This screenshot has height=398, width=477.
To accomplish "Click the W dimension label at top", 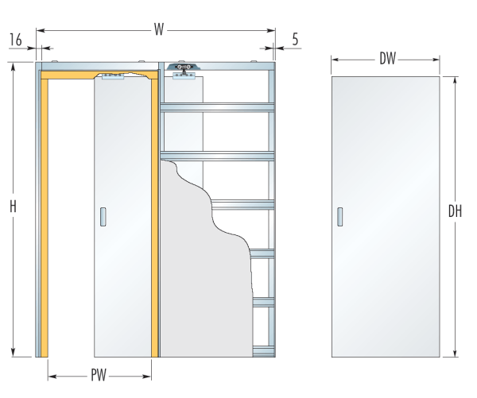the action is coord(159,30).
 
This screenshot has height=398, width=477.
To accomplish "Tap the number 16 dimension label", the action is coord(16,40).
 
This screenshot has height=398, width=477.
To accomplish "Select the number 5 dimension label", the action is coord(295,39).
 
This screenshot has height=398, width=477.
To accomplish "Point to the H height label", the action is coord(13,206).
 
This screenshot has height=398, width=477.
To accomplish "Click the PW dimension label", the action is coord(99,375).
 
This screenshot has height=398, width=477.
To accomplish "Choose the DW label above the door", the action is coord(387,59).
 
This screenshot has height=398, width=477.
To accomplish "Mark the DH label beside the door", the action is coord(455,211).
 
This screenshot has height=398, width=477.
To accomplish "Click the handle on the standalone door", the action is coord(340,217).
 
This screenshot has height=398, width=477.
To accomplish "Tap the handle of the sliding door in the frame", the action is coord(103,217).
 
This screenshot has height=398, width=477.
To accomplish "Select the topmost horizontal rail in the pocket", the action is coord(217,107).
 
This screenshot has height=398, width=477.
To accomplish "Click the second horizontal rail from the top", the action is coord(217,156).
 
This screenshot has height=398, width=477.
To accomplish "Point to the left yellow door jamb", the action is coord(45,218).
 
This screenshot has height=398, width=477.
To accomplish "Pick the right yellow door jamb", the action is coord(154,218).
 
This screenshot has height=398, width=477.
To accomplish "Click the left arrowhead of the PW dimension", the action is coord(52,377).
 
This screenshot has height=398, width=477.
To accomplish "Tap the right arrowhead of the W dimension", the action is coord(271,30).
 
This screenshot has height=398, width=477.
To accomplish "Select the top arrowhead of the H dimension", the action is coord(13,67).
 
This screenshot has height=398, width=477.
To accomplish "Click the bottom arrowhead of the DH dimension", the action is coord(455,353).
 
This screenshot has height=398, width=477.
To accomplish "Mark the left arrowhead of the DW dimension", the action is coord(335,60).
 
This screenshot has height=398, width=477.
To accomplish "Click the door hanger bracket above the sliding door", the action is coord(113,76).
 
